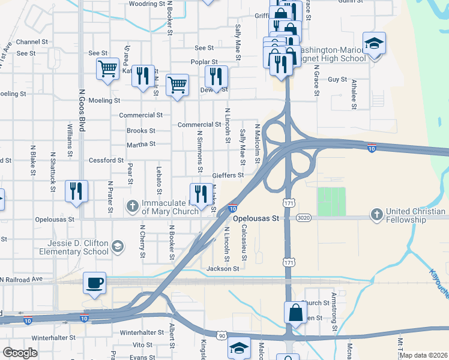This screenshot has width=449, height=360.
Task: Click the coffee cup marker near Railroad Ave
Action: pos(95,283)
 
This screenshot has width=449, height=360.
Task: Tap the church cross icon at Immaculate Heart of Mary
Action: pos(133,206)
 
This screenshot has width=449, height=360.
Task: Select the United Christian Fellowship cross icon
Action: pos(376,214)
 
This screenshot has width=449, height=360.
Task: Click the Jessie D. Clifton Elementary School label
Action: pos(79,247)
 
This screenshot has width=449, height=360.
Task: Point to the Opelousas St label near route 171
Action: pos(256,219)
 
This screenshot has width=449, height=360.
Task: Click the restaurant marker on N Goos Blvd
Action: pos(76,191)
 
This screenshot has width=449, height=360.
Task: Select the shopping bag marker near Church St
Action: pos(295,312)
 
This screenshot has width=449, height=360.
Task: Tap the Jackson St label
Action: pos(223,269)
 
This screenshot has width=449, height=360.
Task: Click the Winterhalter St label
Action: pos(142,332)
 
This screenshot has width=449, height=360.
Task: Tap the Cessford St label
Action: pos(106,160)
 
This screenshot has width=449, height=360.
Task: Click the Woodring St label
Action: pos(146,4)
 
